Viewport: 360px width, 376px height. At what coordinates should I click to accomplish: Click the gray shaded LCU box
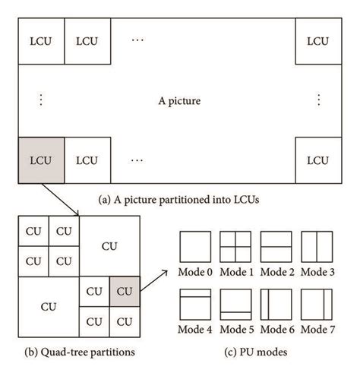pos(39,160)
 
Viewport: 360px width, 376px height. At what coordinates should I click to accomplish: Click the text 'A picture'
pos(178,99)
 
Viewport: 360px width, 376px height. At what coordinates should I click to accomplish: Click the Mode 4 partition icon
pos(195,305)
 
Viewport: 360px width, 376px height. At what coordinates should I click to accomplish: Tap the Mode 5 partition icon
pos(235,305)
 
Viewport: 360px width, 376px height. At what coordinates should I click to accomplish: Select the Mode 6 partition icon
pos(275,305)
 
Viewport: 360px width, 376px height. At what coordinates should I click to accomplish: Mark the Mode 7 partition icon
pos(316,305)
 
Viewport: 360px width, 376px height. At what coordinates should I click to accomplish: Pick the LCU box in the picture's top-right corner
pos(317,39)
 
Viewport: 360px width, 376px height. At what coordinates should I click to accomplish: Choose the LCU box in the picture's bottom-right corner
pos(317,160)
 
